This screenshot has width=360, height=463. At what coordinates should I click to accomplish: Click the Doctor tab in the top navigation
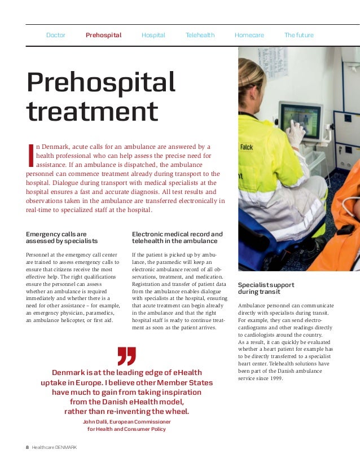[x=55, y=35]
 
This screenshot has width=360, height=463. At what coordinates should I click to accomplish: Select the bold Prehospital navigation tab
[x=103, y=35]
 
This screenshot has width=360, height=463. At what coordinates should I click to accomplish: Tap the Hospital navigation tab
[x=153, y=35]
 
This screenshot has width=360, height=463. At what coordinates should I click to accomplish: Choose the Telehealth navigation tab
[x=200, y=35]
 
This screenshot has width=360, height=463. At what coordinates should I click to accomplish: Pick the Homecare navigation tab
[x=249, y=35]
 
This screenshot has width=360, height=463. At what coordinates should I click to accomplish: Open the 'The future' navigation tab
[x=298, y=35]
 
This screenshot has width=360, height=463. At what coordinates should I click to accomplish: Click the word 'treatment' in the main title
[x=92, y=111]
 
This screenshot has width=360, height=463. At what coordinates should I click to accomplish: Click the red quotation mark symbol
[x=126, y=356]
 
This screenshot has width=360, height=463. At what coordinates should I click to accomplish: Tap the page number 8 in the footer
[x=27, y=447]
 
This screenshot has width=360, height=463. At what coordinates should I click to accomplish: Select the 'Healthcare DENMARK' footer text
[x=54, y=447]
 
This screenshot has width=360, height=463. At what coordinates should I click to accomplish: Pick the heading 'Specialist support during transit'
[x=266, y=288]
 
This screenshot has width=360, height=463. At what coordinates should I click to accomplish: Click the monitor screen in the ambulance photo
[x=299, y=120]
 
